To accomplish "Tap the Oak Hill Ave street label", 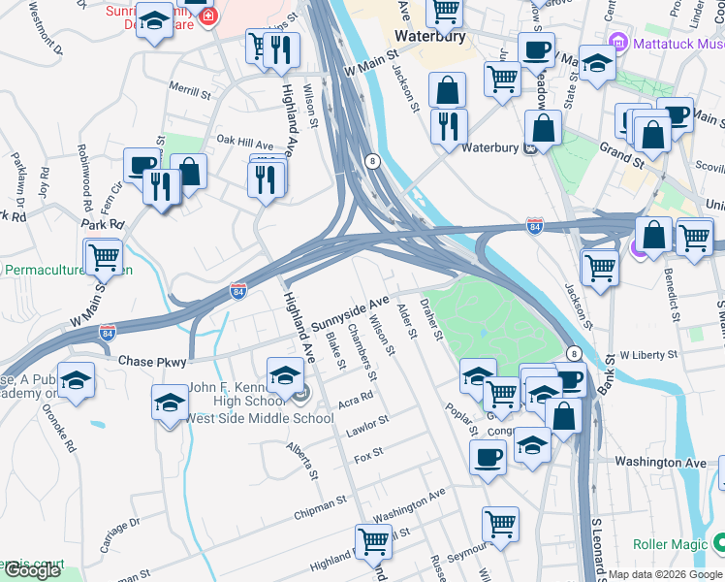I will coord(245,142).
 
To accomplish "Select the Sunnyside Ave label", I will coord(350,312).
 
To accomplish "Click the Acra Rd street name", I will coord(357,400).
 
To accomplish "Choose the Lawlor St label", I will coord(369,422).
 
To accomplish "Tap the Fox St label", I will coord(369,452).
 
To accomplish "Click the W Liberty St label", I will coord(645,356).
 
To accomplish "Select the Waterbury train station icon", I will coord(531,148).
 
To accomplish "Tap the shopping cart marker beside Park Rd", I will coord(103,257).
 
